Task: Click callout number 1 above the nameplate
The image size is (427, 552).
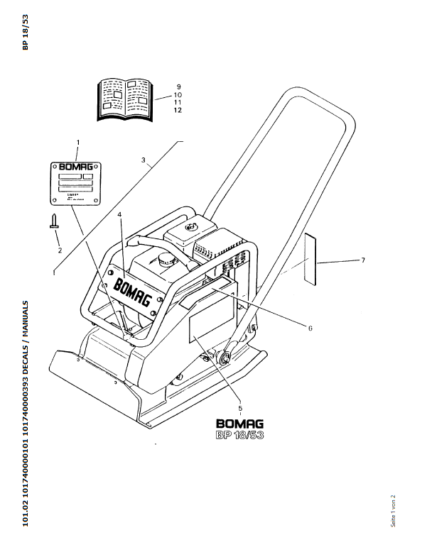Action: click(77, 143)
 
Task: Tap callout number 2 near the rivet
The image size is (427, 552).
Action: click(60, 249)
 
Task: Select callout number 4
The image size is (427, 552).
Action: click(120, 214)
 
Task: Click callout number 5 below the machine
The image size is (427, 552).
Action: click(241, 408)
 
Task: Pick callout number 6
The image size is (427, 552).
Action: click(310, 328)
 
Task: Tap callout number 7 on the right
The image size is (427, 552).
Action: click(362, 260)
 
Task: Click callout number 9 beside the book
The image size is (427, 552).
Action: click(178, 86)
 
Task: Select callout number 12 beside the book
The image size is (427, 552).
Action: click(178, 111)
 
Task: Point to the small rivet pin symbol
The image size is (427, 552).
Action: click(53, 221)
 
